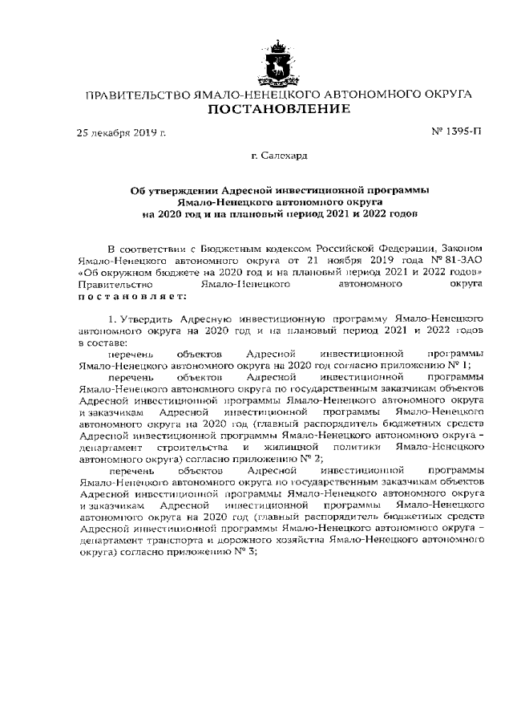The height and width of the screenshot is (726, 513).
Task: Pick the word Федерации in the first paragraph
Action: (387, 251)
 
